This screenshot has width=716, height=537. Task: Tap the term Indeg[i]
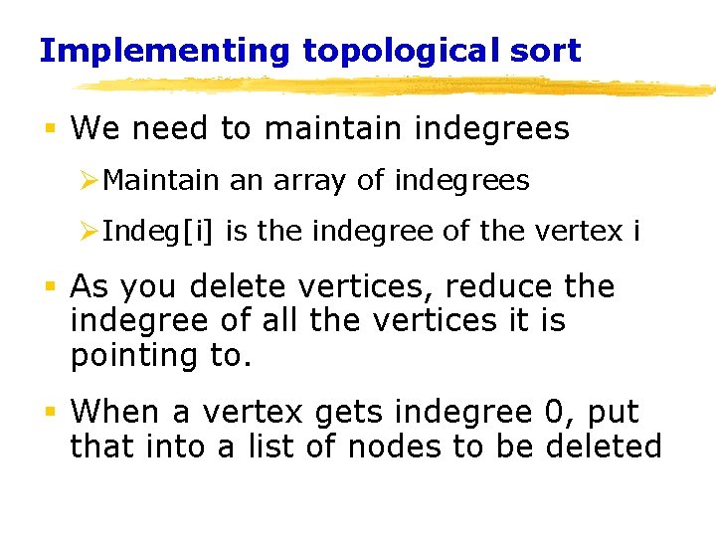point(159,233)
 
